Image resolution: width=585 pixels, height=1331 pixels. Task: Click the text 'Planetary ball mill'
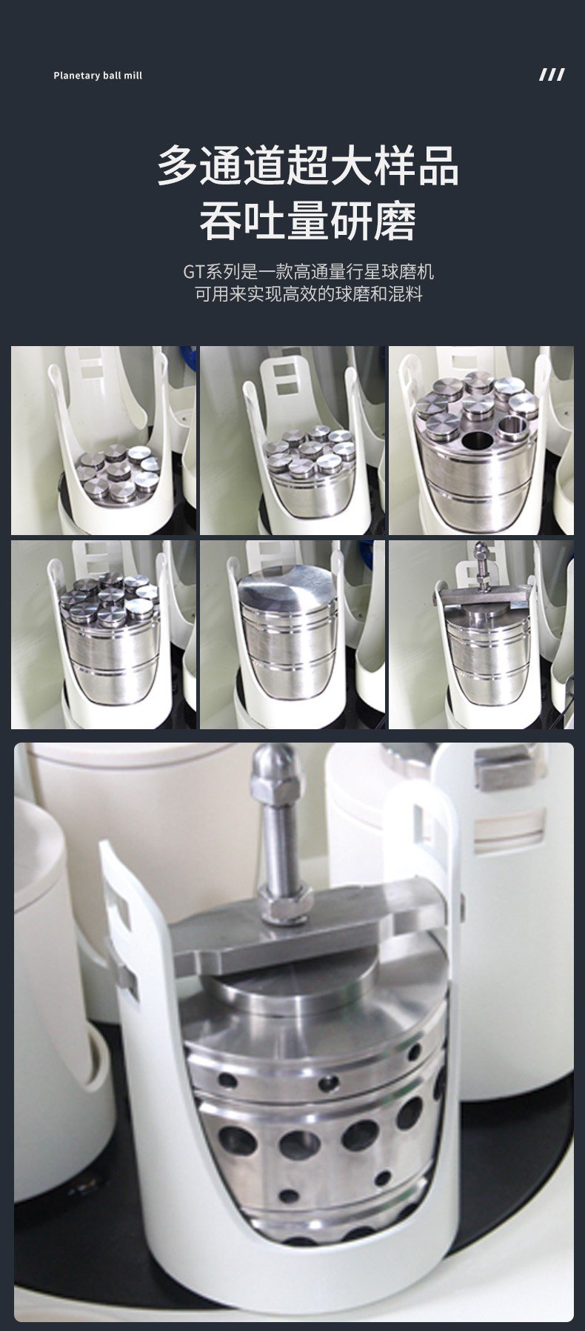(98, 76)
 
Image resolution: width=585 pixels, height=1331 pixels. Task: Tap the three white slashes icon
(551, 75)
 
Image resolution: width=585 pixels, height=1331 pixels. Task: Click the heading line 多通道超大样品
(308, 166)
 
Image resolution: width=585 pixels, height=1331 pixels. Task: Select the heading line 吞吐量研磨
(308, 221)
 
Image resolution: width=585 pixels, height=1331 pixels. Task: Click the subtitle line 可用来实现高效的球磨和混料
(308, 294)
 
